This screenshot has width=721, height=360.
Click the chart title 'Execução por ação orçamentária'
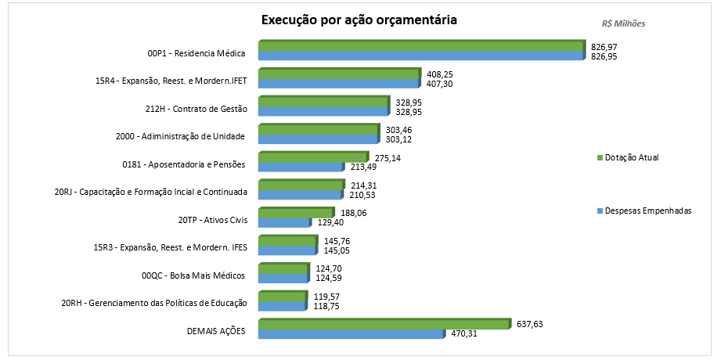359,20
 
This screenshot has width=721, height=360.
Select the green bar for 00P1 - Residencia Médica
421,47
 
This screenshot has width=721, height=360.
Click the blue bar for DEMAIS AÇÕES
351,334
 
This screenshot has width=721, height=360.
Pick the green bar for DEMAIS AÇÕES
384,324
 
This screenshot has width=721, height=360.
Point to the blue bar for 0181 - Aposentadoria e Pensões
301,167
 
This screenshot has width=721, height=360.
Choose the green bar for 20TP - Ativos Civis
296,213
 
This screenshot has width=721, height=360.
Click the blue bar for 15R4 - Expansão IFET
338,84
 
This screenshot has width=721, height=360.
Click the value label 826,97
610,48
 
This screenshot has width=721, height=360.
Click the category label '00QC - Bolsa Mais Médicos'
193,275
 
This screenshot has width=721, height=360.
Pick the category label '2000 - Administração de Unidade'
181,136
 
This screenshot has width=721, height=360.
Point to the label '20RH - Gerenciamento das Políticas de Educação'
154,303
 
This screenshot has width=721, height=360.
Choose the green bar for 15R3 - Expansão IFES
285,240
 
